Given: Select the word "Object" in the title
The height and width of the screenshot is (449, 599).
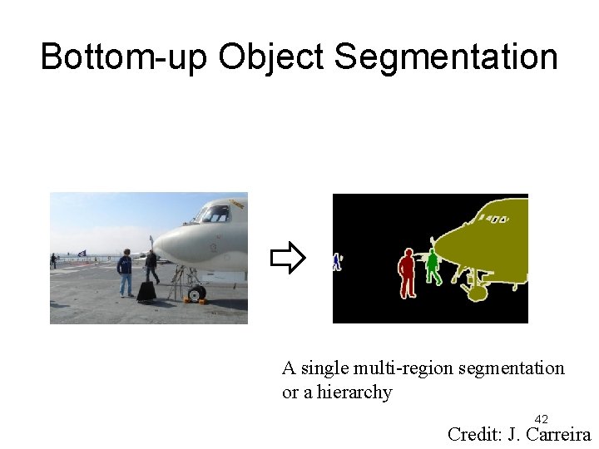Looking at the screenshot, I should pyautogui.click(x=271, y=57).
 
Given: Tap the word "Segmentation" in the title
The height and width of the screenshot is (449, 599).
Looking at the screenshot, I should pyautogui.click(x=445, y=57).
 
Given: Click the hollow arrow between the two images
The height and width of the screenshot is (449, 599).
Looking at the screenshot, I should pyautogui.click(x=288, y=259).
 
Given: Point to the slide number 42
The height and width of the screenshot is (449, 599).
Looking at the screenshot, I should pyautogui.click(x=541, y=418).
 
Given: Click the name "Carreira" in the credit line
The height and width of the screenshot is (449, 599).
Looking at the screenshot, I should pyautogui.click(x=556, y=433).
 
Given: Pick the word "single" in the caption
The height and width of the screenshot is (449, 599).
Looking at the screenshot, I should pyautogui.click(x=326, y=368).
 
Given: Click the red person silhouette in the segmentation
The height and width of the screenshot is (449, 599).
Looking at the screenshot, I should pyautogui.click(x=406, y=273).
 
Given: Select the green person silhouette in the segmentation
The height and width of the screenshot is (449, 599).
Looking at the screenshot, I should pyautogui.click(x=433, y=266).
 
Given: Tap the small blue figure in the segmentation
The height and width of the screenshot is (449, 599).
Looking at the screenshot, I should pyautogui.click(x=336, y=262).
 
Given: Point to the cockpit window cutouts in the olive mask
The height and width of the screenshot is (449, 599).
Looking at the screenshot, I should pyautogui.click(x=495, y=220).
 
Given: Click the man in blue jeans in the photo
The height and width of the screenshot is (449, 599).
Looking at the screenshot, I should pyautogui.click(x=125, y=272).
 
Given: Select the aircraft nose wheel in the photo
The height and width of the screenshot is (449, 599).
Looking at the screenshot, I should pyautogui.click(x=196, y=293).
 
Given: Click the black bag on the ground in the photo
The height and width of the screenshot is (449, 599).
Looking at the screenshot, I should pyautogui.click(x=146, y=291).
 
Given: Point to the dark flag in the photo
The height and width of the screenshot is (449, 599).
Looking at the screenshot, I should pyautogui.click(x=81, y=253).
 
